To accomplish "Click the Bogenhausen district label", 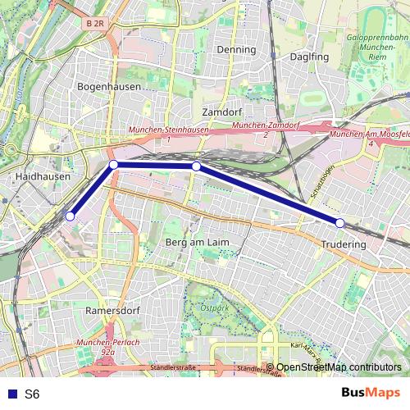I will pyautogui.click(x=109, y=86).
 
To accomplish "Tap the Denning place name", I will pyautogui.click(x=236, y=49).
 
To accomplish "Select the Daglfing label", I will pyautogui.click(x=309, y=57).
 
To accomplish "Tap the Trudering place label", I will pyautogui.click(x=344, y=244).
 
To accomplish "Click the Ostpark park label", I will pyautogui.click(x=215, y=308).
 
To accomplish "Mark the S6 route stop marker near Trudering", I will pyautogui.click(x=339, y=222).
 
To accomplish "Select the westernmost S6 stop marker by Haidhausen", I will pyautogui.click(x=70, y=216).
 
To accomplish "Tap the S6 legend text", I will pyautogui.click(x=32, y=394).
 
